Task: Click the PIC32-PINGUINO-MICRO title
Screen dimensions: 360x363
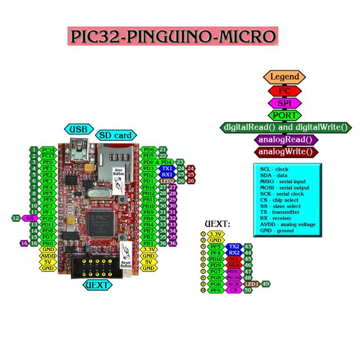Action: [173, 36]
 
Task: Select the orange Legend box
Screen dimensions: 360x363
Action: [284, 77]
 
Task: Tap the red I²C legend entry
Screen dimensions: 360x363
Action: [284, 91]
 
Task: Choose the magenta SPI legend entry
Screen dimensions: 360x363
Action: [284, 103]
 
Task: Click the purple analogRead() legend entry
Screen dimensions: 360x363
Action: [286, 140]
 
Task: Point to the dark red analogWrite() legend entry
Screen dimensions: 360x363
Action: [286, 152]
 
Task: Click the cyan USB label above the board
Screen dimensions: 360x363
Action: [79, 129]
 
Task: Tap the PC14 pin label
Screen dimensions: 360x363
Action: [48, 149]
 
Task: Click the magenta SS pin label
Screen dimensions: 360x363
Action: [30, 218]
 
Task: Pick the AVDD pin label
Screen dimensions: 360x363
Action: [48, 255]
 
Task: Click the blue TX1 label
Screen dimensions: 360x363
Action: [167, 168]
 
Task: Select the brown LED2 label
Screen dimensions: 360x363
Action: [167, 180]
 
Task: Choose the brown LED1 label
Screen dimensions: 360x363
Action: [252, 284]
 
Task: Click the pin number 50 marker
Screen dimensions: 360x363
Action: [248, 290]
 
